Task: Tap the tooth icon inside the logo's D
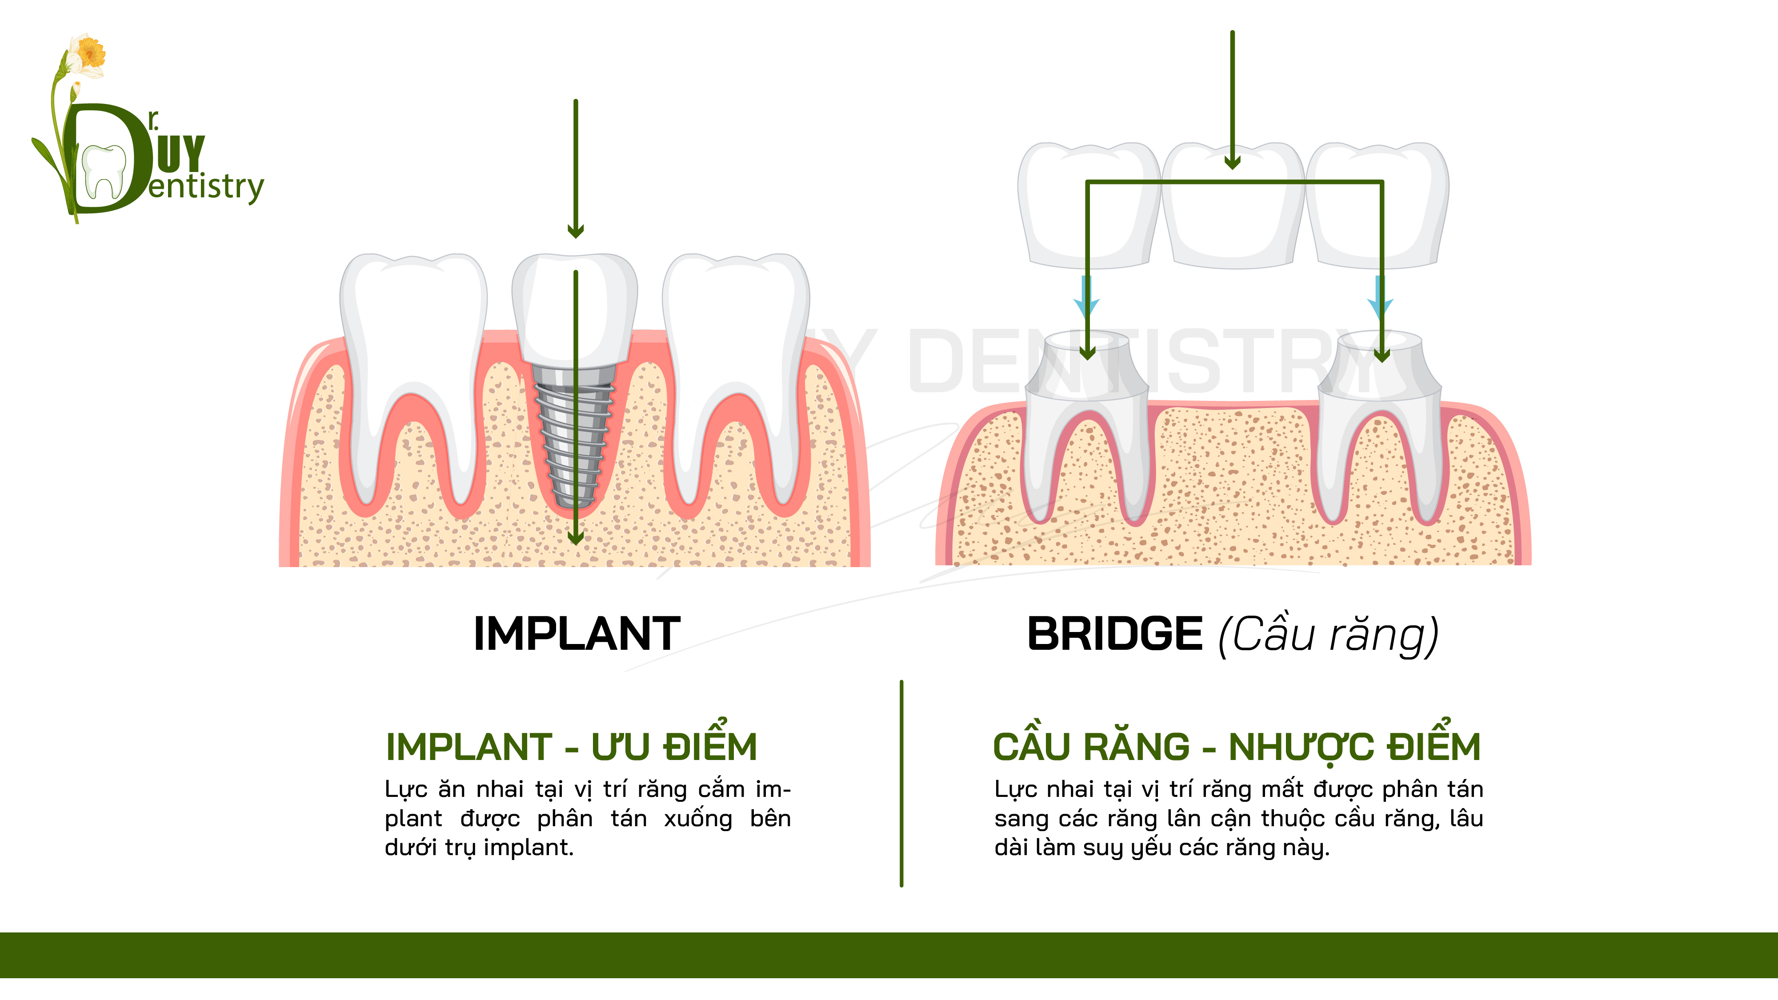(x=104, y=171)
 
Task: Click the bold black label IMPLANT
(x=577, y=633)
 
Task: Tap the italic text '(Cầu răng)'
(x=1329, y=635)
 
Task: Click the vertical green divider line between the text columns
(x=901, y=783)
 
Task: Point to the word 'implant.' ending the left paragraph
(x=529, y=848)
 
